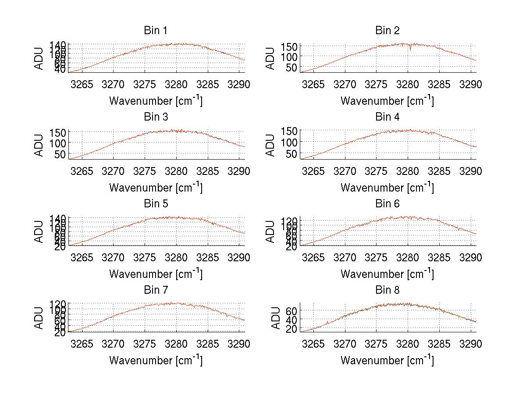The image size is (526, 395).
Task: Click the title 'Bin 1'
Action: (155, 31)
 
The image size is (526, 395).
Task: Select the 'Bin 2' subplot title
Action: (387, 31)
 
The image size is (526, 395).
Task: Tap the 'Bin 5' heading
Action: (155, 204)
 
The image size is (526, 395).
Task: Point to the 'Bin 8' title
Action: (387, 290)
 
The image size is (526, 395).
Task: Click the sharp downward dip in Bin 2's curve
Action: (410, 50)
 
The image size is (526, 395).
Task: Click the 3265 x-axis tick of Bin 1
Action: (82, 85)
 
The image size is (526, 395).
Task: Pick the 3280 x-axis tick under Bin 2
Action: (408, 85)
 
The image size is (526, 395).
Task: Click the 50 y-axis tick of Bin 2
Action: (293, 67)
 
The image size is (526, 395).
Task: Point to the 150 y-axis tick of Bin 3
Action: (60, 132)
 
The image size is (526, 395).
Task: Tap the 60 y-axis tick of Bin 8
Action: (292, 311)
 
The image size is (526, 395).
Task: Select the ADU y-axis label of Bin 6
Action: (271, 231)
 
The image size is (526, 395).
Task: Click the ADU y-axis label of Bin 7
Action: (39, 317)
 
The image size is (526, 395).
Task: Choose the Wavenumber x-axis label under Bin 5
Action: (155, 274)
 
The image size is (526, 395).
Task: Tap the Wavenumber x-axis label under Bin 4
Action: (387, 187)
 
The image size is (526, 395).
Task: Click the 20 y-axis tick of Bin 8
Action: (292, 328)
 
